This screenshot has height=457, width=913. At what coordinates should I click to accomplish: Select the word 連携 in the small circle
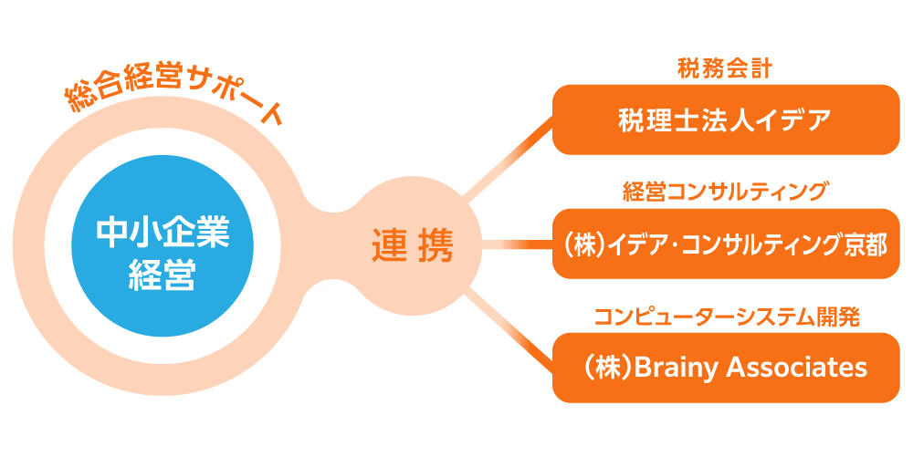click(x=413, y=245)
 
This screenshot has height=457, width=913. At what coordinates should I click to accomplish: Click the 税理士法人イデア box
click(x=726, y=119)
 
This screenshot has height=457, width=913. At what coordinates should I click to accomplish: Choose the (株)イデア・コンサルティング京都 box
click(x=726, y=244)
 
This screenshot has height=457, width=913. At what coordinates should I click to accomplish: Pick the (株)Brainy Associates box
click(x=726, y=368)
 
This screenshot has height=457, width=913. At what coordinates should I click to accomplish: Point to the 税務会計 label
click(x=726, y=68)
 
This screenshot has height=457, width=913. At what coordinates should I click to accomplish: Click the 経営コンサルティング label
click(x=726, y=192)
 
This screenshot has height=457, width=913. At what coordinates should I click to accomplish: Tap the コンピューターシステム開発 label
click(x=726, y=317)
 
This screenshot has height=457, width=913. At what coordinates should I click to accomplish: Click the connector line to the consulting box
click(x=517, y=244)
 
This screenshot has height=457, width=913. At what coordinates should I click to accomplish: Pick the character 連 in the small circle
click(x=390, y=245)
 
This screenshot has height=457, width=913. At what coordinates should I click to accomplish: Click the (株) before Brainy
click(x=606, y=368)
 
